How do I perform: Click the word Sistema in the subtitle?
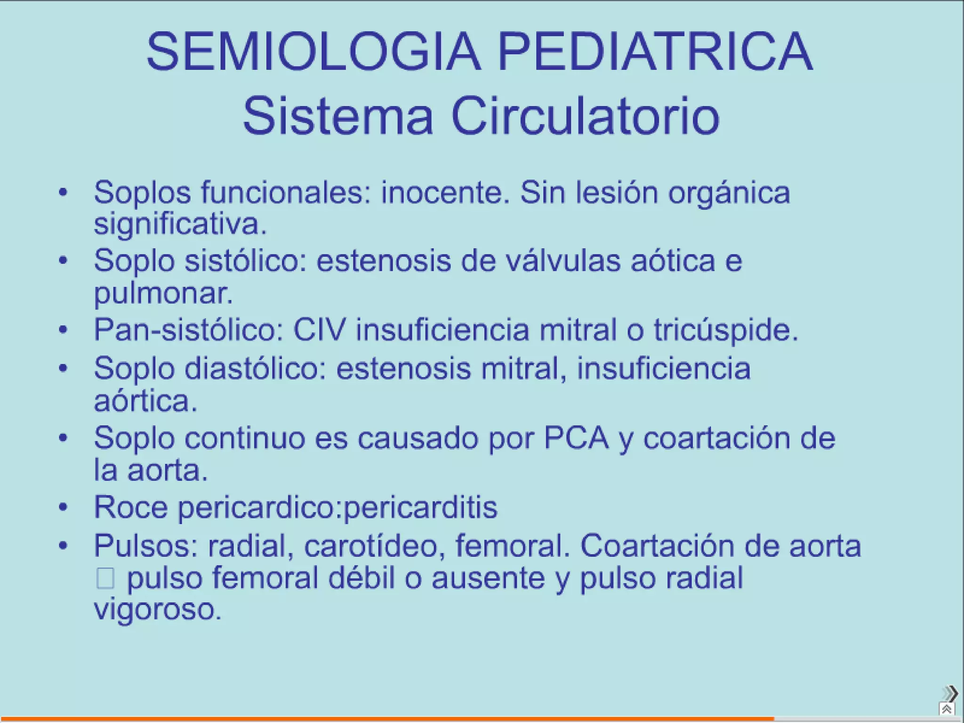337,116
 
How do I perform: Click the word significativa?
180,225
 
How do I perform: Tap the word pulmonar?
163,294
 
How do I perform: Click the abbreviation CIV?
320,329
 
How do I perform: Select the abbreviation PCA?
577,438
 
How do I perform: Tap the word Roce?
131,507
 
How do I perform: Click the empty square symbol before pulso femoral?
105,578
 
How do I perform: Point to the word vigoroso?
157,610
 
